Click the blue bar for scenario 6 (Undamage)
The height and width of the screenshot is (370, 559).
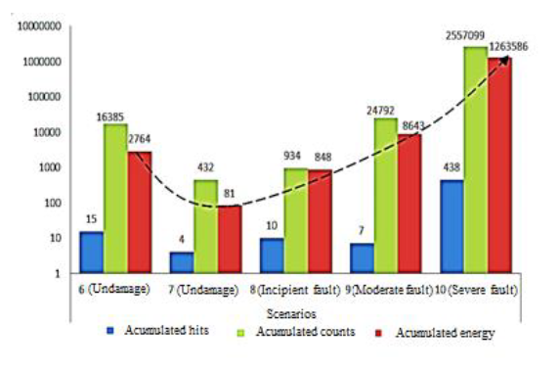click(91, 253)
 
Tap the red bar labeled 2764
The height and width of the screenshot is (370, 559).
click(139, 211)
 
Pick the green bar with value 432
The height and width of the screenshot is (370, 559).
click(204, 226)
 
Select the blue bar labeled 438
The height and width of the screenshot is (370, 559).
click(451, 226)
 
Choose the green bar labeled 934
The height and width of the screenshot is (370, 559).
click(295, 220)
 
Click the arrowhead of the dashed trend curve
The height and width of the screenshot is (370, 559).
click(507, 59)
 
